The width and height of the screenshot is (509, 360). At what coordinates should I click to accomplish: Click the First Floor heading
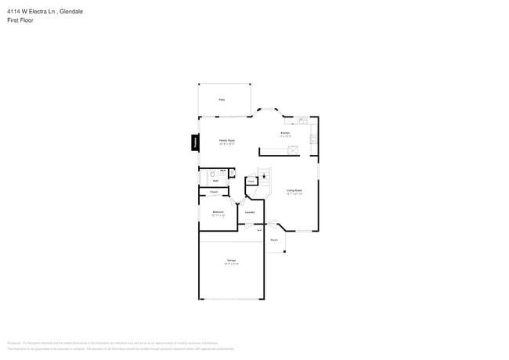[21, 20]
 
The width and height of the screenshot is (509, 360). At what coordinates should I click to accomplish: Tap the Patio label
[222, 100]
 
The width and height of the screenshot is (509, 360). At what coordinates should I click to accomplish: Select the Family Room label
[227, 141]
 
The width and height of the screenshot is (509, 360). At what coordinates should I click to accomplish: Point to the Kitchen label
[286, 134]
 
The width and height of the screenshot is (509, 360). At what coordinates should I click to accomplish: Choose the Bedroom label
[218, 211]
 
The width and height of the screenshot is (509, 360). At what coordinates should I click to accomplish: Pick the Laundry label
[250, 211]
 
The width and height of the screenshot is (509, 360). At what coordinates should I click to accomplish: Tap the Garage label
[232, 260]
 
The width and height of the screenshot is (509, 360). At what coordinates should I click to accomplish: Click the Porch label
[274, 240]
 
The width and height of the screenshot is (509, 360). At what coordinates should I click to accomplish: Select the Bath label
[215, 181]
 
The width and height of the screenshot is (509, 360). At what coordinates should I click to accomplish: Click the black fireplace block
[194, 142]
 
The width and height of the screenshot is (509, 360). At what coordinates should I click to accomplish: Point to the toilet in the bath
[212, 173]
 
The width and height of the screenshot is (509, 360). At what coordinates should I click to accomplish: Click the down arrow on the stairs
[264, 176]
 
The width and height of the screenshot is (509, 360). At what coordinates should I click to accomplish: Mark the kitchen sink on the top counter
[302, 121]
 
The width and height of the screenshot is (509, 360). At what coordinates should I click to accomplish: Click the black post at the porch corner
[285, 251]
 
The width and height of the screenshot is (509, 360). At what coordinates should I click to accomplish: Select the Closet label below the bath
[214, 192]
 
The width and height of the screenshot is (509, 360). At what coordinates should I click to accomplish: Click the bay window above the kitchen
[269, 111]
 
